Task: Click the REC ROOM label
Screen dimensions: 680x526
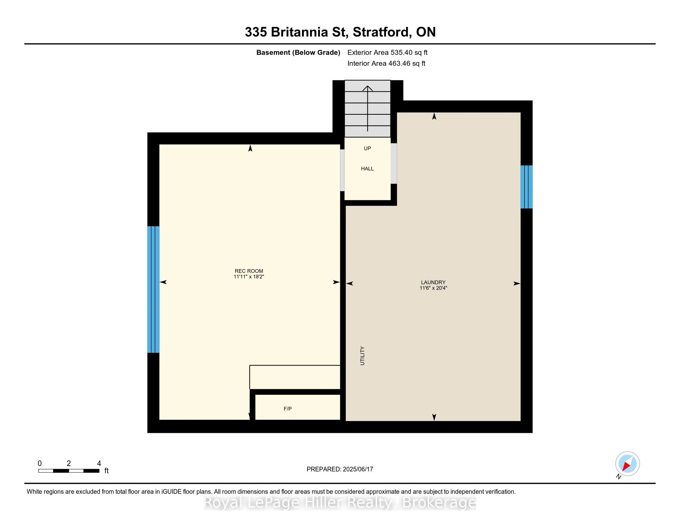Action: (249, 271)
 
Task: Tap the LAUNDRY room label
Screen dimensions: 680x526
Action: (433, 282)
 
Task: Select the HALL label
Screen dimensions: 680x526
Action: (368, 169)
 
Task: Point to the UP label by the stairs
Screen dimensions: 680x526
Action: (368, 148)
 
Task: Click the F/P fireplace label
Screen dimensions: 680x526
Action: (288, 408)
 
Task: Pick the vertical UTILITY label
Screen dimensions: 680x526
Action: (362, 356)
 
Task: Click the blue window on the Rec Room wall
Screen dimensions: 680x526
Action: (153, 289)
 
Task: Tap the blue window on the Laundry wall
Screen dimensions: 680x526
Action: (526, 187)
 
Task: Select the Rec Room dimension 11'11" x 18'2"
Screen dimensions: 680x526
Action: (249, 277)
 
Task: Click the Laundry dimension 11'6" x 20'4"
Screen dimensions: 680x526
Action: (433, 288)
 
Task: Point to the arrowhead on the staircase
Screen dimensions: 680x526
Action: (368, 88)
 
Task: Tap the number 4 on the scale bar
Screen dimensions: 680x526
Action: (99, 463)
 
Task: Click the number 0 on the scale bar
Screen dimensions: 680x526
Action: (40, 463)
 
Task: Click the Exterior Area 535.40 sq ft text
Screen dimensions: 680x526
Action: (387, 52)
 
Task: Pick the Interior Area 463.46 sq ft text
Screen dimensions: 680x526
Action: (386, 63)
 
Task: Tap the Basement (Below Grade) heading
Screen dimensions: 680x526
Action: (298, 52)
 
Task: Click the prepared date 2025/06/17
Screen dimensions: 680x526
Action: (358, 469)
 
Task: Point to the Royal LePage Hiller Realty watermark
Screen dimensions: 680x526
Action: (340, 502)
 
